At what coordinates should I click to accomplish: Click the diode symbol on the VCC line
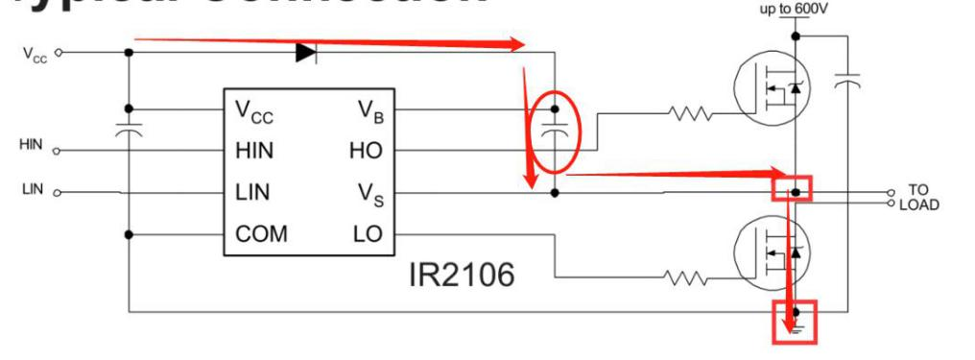point(305,53)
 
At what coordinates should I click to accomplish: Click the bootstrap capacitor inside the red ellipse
point(554,130)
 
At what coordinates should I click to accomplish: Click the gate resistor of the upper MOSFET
point(690,115)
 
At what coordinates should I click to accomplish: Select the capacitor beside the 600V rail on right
point(845,84)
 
